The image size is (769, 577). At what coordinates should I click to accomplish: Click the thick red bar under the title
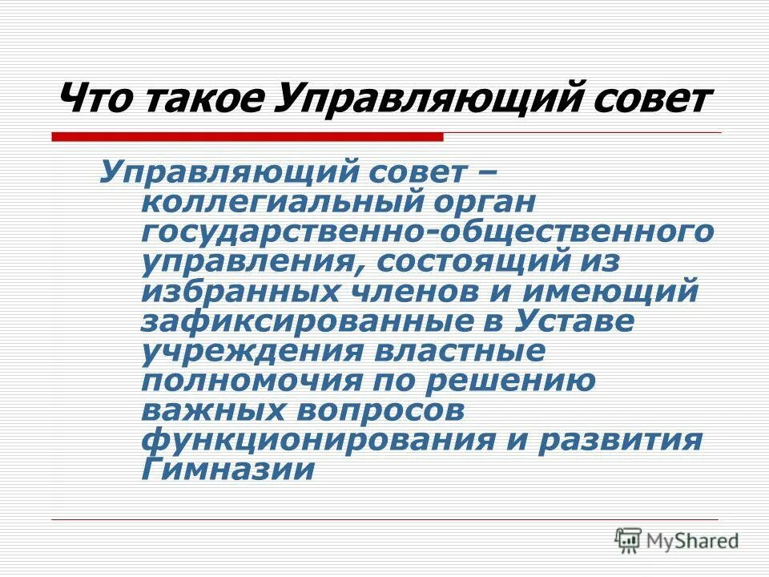pyautogui.click(x=248, y=137)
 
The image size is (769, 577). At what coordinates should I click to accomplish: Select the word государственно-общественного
pyautogui.click(x=427, y=232)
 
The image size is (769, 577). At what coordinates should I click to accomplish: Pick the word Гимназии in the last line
pyautogui.click(x=227, y=470)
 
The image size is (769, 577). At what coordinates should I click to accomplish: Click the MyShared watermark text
pyautogui.click(x=695, y=541)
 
